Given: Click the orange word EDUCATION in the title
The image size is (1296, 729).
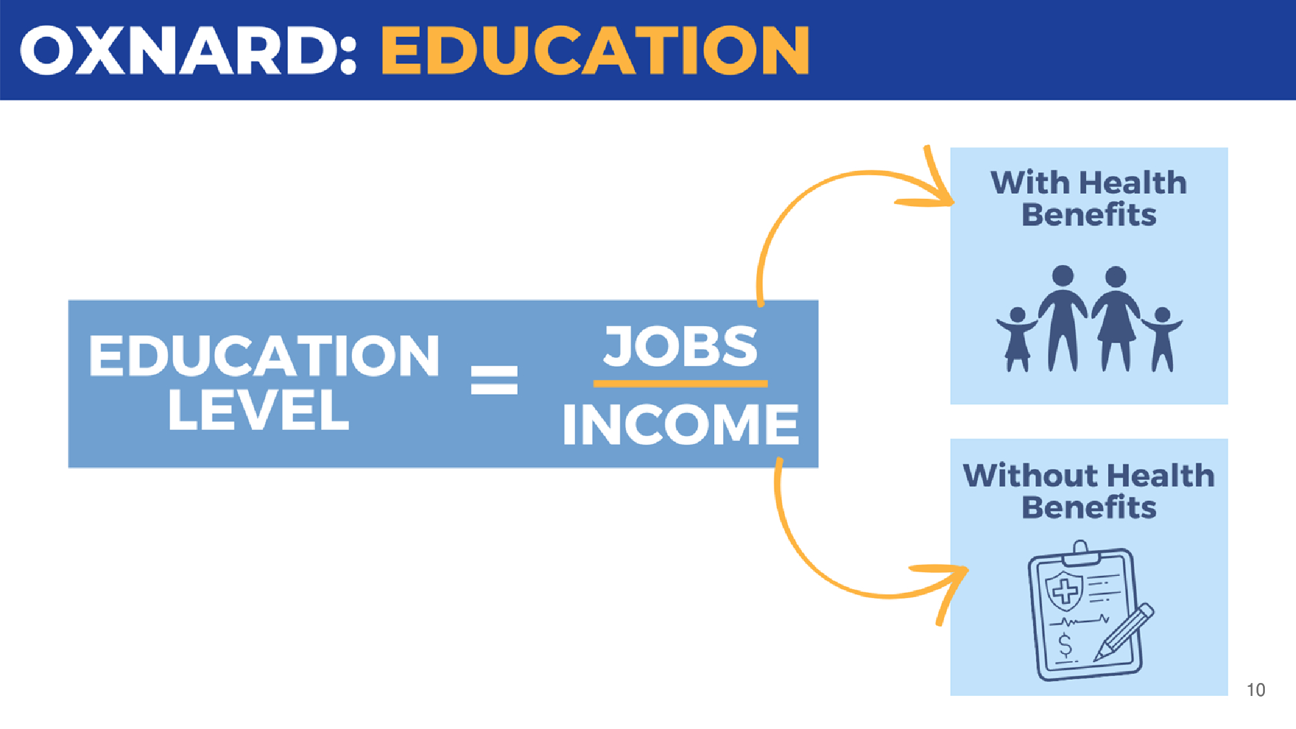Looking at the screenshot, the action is [595, 51].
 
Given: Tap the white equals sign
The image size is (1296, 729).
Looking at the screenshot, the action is [494, 380].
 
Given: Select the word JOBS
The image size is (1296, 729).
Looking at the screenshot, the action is [680, 345].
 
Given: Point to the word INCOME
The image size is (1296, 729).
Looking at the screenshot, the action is [680, 424].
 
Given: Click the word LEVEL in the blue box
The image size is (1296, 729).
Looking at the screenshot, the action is [258, 410].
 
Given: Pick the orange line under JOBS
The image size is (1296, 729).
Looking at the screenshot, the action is [680, 384].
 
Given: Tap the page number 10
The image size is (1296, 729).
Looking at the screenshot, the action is [1256, 690].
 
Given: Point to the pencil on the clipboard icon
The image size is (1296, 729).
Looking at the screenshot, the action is [1124, 632].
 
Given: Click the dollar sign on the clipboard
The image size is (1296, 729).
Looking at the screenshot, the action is [1065, 645].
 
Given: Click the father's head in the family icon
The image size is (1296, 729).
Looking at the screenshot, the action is [1063, 276].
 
